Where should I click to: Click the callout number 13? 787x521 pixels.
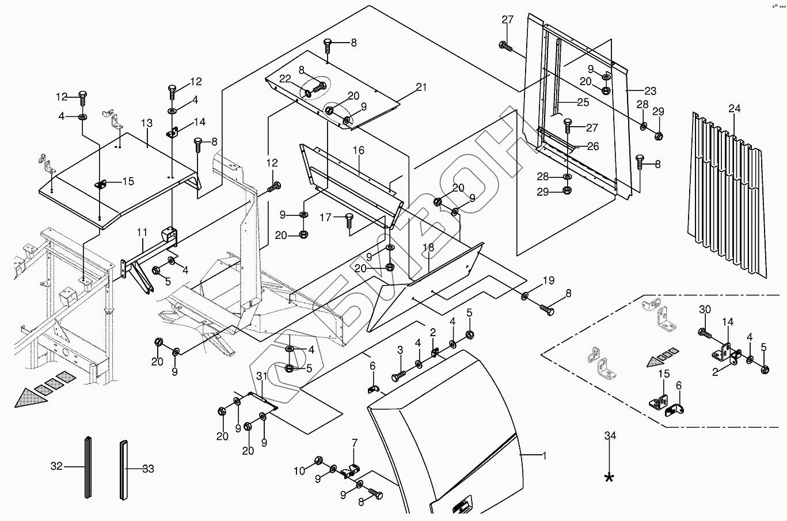147,123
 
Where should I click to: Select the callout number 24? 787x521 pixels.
734,109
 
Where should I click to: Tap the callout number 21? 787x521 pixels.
421,87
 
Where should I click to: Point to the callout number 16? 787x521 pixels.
358,150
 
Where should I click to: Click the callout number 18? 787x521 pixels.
428,248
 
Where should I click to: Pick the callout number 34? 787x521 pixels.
610,436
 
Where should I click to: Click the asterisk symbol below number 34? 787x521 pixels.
609,478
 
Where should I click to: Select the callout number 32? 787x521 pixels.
56,466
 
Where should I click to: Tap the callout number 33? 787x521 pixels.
148,469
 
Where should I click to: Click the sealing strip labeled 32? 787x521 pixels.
88,467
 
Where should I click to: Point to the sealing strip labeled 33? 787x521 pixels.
123,470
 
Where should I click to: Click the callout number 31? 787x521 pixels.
262,377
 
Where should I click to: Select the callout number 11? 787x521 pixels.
142,232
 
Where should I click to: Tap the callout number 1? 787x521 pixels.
544,456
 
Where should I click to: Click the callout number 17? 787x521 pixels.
326,218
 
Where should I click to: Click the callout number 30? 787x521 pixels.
705,310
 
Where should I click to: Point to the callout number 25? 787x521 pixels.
583,102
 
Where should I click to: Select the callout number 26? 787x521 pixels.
593,146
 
